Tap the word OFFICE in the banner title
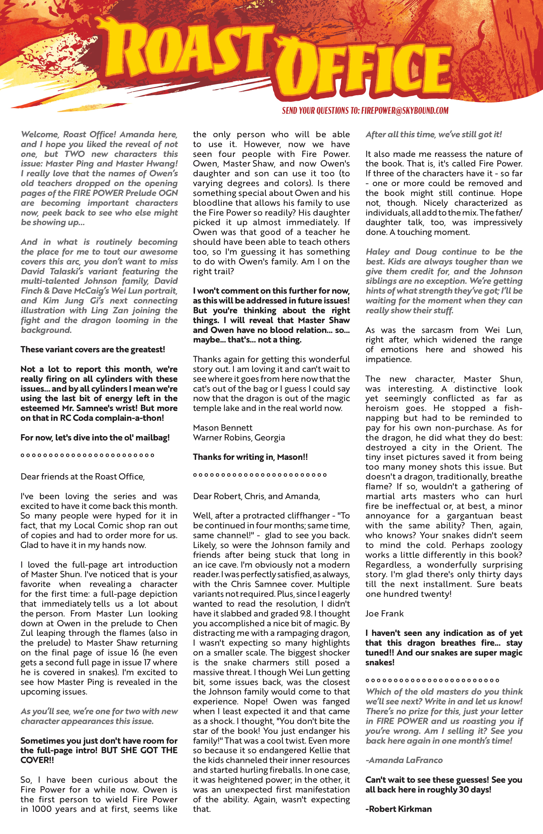(365, 70)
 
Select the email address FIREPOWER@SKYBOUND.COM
(405, 111)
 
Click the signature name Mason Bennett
(223, 428)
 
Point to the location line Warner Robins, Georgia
(239, 438)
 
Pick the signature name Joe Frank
(385, 613)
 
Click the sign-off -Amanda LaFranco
(404, 760)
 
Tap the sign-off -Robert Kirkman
(399, 809)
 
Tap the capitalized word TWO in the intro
(74, 154)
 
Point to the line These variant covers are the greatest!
(93, 349)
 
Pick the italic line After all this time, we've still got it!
(433, 135)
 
